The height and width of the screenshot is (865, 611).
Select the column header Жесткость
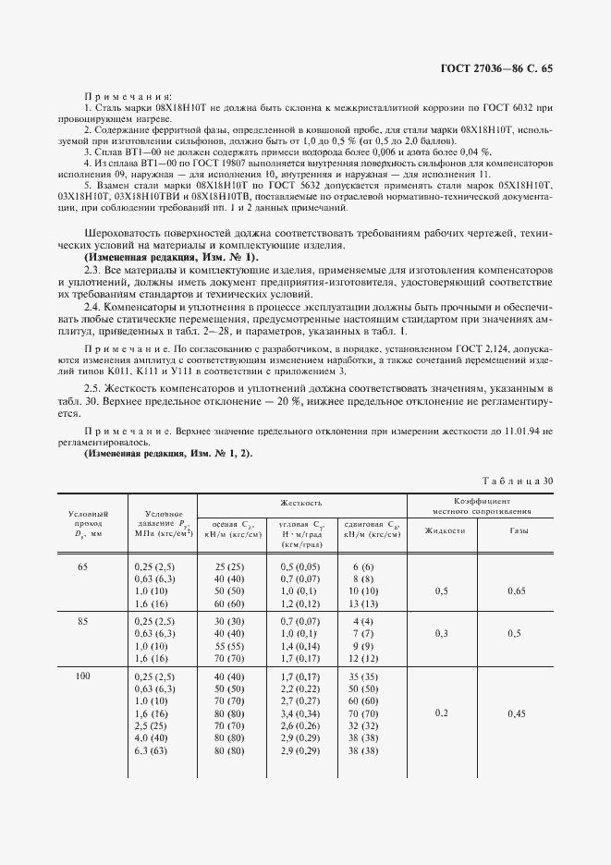[302, 503]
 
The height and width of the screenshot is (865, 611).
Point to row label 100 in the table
[83, 677]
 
